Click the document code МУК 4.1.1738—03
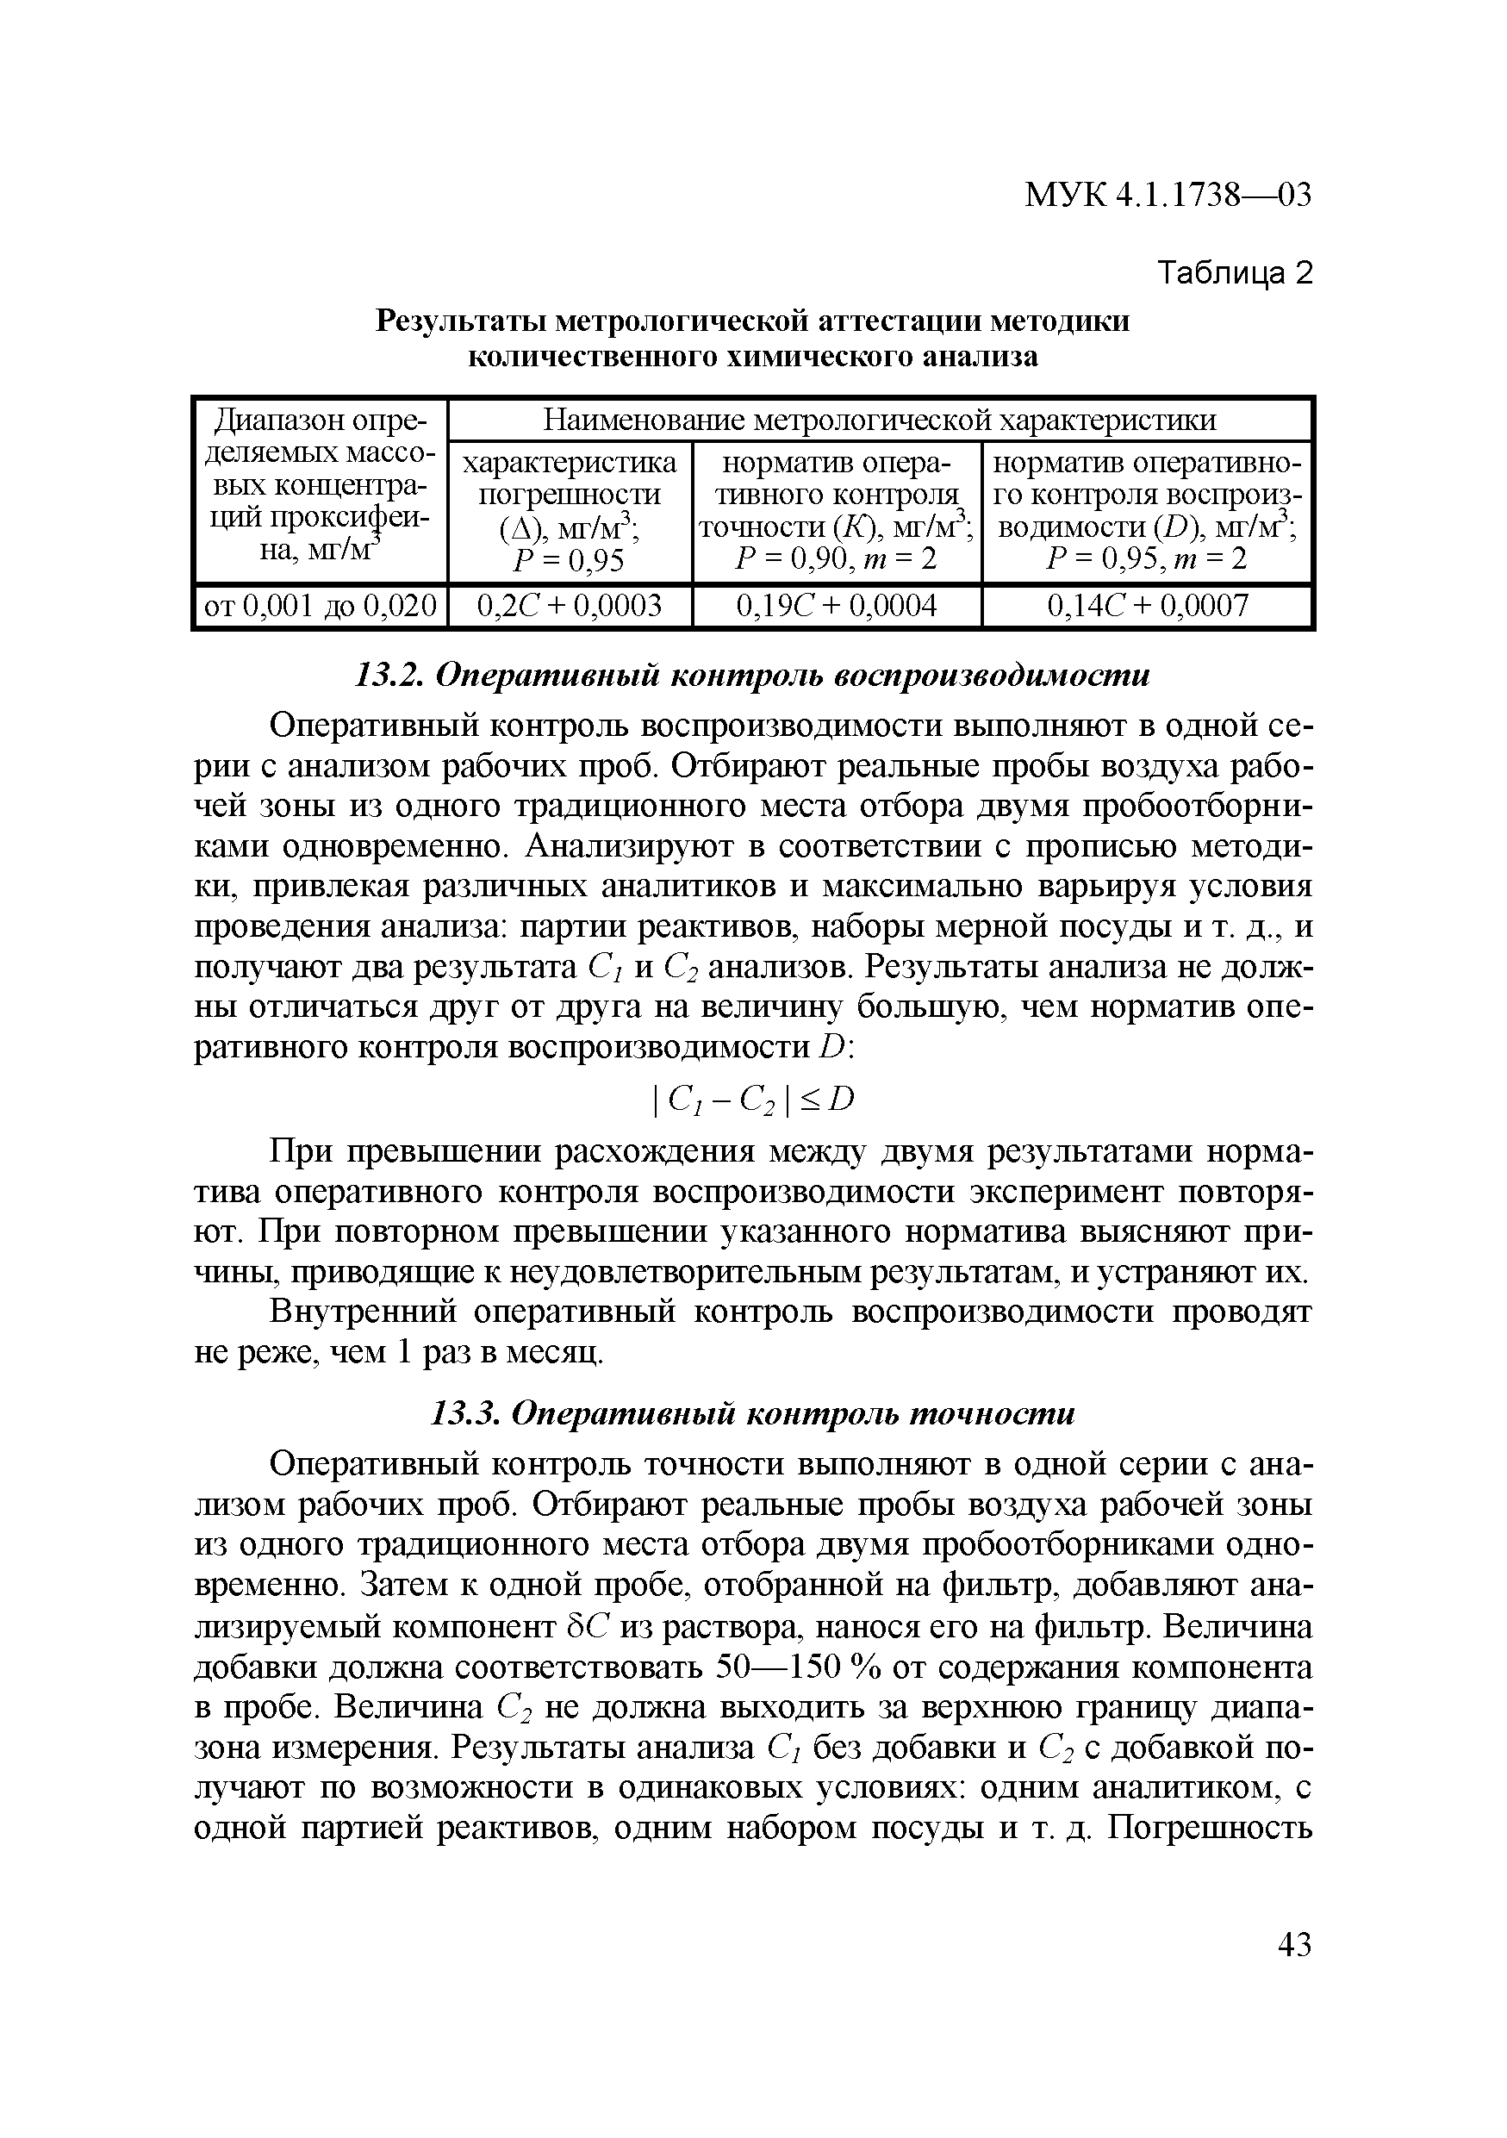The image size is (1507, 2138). [x=1168, y=196]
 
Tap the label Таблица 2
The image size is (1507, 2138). [x=1233, y=273]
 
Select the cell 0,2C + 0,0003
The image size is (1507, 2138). [x=569, y=606]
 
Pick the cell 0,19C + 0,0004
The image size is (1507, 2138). [x=836, y=606]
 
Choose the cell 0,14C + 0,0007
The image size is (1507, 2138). [x=1146, y=606]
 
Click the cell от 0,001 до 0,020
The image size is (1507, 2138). [x=321, y=606]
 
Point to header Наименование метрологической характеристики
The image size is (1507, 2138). [x=879, y=420]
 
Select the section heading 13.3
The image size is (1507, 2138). [x=752, y=1414]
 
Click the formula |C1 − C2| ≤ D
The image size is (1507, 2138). [x=753, y=1100]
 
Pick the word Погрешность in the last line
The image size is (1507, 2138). [x=1211, y=1829]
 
